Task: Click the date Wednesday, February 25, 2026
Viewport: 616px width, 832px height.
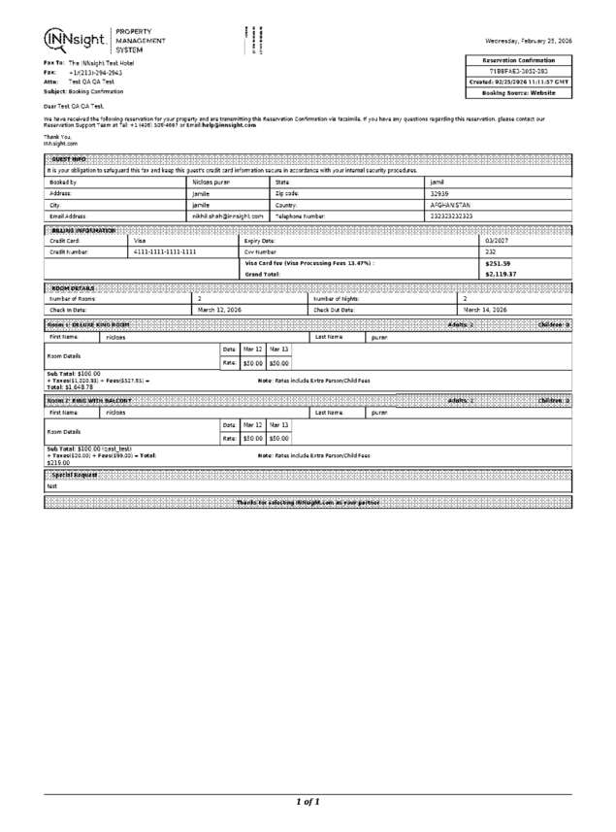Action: click(529, 41)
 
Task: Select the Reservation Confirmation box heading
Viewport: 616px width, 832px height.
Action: click(519, 60)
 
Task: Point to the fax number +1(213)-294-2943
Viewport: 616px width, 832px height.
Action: click(95, 72)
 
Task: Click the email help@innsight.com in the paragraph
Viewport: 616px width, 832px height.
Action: click(229, 125)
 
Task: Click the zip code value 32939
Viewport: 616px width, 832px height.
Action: click(439, 193)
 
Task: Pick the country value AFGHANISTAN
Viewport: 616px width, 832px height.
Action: click(450, 205)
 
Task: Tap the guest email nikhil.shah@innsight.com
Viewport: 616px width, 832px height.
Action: click(228, 216)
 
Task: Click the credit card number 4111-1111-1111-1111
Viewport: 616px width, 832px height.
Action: click(165, 251)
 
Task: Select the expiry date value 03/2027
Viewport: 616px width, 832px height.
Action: click(497, 240)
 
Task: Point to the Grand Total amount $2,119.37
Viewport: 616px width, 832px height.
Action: click(501, 274)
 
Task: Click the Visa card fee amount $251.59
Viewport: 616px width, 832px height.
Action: click(497, 263)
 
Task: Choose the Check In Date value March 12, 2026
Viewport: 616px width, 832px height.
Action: click(219, 310)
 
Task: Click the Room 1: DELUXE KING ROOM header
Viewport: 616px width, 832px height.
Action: click(88, 323)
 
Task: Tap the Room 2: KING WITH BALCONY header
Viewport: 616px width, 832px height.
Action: click(89, 400)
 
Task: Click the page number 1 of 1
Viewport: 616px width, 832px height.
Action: click(308, 802)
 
